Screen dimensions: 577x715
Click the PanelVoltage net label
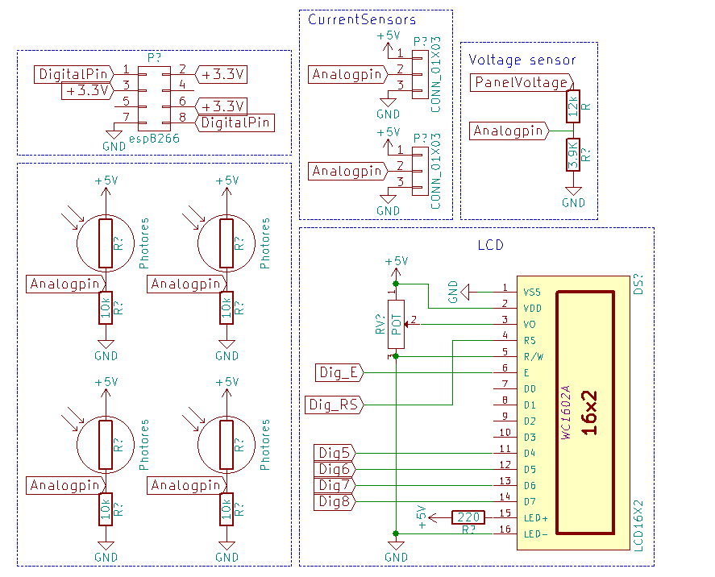point(521,82)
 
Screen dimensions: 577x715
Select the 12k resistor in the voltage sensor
point(573,106)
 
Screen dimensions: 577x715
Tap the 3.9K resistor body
point(573,154)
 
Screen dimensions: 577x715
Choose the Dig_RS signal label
point(335,405)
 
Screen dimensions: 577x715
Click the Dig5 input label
point(334,453)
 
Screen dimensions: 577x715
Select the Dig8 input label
point(334,501)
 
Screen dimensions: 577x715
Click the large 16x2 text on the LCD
point(589,413)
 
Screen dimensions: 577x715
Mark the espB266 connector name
point(153,139)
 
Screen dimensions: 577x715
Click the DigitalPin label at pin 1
point(74,74)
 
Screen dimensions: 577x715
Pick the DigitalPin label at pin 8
point(235,122)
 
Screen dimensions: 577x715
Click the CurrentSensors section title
point(362,19)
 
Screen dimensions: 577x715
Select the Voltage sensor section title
point(522,60)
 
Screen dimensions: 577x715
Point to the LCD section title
point(491,243)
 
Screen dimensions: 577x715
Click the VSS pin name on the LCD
point(532,292)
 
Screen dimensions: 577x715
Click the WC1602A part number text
point(566,413)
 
